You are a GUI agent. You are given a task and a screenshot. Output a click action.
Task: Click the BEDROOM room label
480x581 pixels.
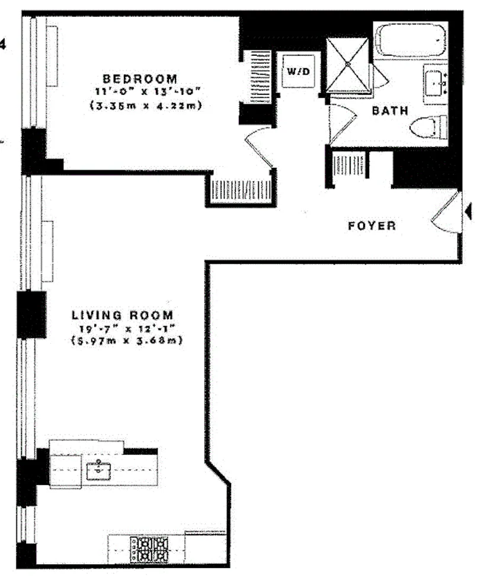tap(140, 78)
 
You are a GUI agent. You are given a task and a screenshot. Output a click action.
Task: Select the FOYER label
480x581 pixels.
tap(372, 226)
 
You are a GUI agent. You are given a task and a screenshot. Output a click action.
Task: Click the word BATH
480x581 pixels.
tap(390, 110)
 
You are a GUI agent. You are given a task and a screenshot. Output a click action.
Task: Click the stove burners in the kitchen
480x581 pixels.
tap(150, 548)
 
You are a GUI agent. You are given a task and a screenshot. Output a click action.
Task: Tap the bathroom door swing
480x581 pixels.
tap(339, 123)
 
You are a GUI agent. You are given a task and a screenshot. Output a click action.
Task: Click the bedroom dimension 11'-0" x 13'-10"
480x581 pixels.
tap(140, 92)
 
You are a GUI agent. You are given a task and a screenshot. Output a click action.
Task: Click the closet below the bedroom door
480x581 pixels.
tap(240, 188)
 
